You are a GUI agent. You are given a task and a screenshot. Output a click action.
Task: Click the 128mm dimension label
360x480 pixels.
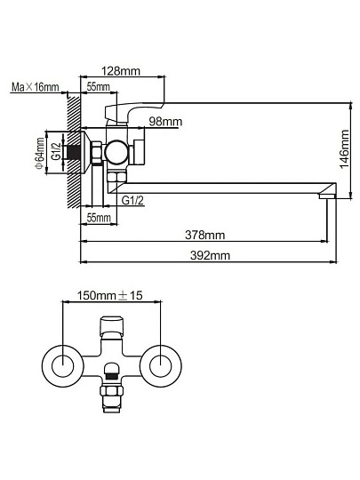click(121, 71)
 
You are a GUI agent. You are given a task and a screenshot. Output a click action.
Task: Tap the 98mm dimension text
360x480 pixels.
click(165, 122)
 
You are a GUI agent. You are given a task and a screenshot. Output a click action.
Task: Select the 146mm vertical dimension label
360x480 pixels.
click(345, 149)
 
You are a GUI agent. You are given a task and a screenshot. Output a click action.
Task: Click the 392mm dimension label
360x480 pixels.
click(210, 255)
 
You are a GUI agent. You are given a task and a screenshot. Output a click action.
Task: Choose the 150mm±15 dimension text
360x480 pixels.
click(109, 295)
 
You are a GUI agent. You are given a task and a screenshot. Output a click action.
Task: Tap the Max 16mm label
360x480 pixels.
click(36, 87)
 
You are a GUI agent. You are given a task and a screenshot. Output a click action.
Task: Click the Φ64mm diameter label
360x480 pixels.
click(39, 153)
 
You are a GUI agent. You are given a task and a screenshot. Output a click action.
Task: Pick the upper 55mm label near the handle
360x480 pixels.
click(99, 86)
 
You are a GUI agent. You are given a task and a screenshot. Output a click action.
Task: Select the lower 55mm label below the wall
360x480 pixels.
click(99, 218)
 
